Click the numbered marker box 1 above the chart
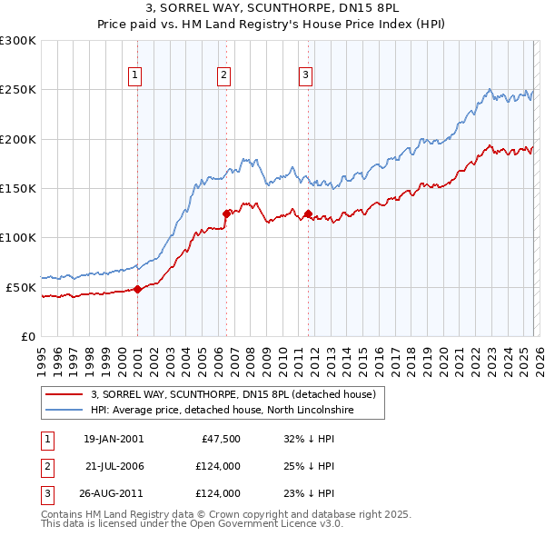[134, 75]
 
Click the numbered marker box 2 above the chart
[223, 75]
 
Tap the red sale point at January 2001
[137, 290]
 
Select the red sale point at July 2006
[226, 214]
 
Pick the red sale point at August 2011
[308, 214]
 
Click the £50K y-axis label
[21, 287]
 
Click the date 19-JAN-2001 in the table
[113, 439]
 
